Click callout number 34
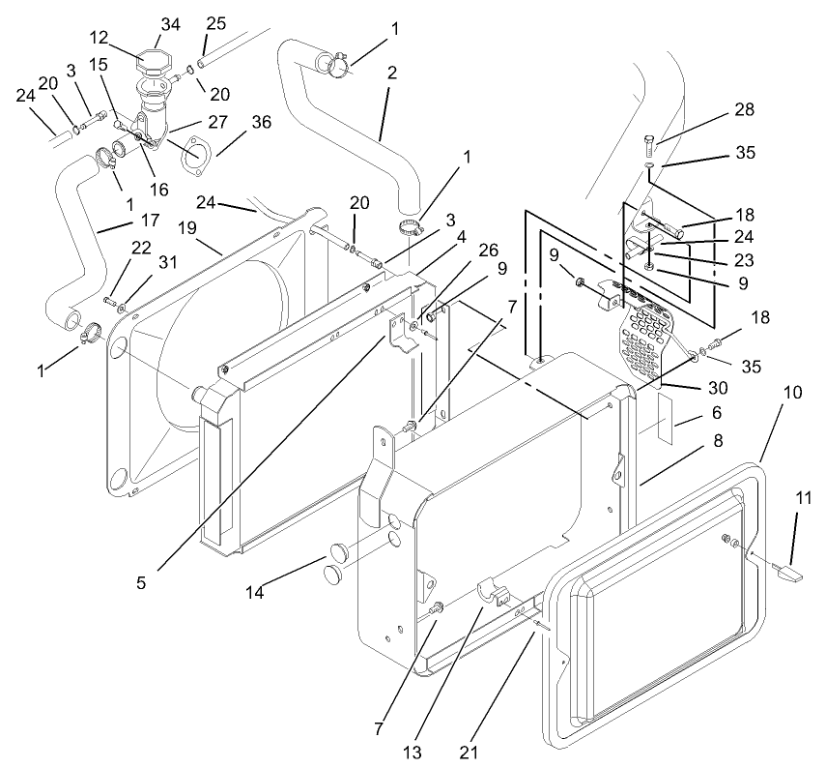(170, 22)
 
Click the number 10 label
(792, 393)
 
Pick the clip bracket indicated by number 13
(497, 592)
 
